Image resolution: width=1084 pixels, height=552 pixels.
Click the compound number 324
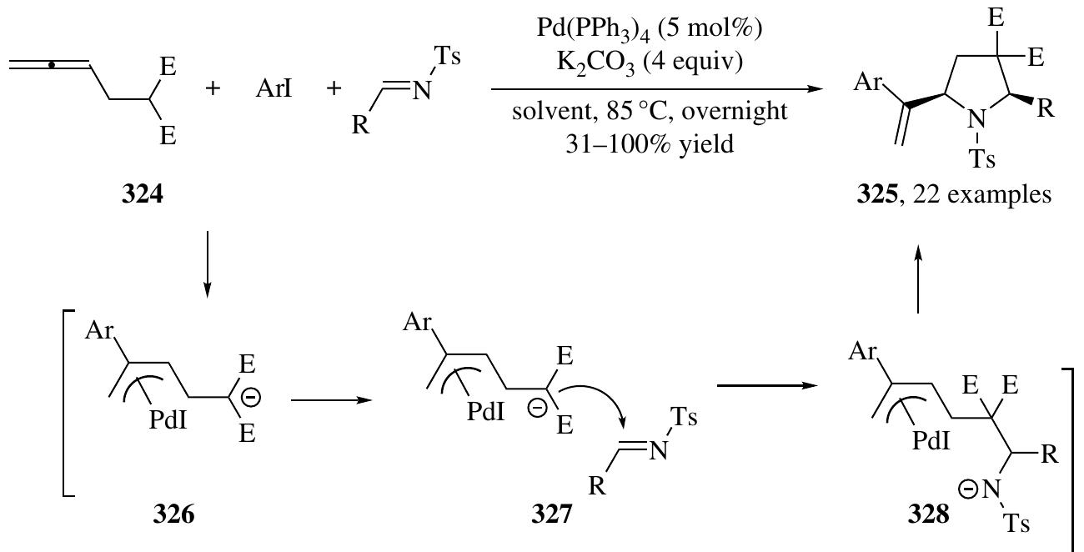pyautogui.click(x=143, y=195)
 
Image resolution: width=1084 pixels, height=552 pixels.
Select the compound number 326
pyautogui.click(x=173, y=514)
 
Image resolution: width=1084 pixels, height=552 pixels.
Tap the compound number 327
pyautogui.click(x=552, y=514)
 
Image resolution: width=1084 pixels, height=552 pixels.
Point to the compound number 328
pyautogui.click(x=928, y=514)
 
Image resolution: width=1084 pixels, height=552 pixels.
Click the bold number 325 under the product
pyautogui.click(x=877, y=195)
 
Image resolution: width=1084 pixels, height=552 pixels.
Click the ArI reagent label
pyautogui.click(x=274, y=88)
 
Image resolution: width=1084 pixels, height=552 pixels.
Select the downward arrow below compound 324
pyautogui.click(x=207, y=264)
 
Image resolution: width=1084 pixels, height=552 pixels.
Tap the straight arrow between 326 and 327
pyautogui.click(x=332, y=400)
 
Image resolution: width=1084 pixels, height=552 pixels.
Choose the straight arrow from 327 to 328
pyautogui.click(x=767, y=385)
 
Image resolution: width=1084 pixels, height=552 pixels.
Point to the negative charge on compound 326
pyautogui.click(x=251, y=398)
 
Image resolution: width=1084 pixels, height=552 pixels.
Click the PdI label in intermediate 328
pyautogui.click(x=931, y=440)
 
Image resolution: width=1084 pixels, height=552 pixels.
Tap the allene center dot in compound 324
pyautogui.click(x=52, y=65)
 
